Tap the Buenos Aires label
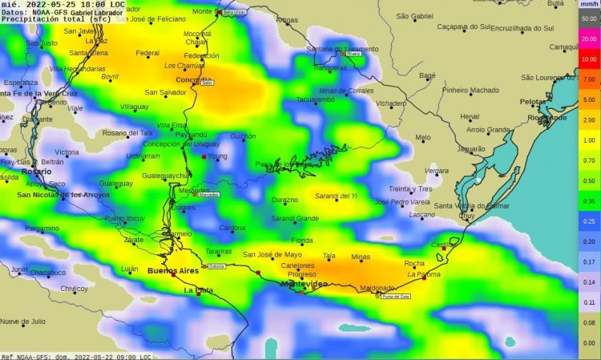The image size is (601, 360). coord(172,271)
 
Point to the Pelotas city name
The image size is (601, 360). coord(533,102)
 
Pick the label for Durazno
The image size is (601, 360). coord(284,199)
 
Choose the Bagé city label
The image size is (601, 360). coord(427,75)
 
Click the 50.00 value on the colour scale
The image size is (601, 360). coord(589,18)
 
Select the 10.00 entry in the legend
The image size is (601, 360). coord(589,59)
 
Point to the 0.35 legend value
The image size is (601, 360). coord(589,200)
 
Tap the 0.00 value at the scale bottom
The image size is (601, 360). coord(589,343)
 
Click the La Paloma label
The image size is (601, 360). coord(424,273)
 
